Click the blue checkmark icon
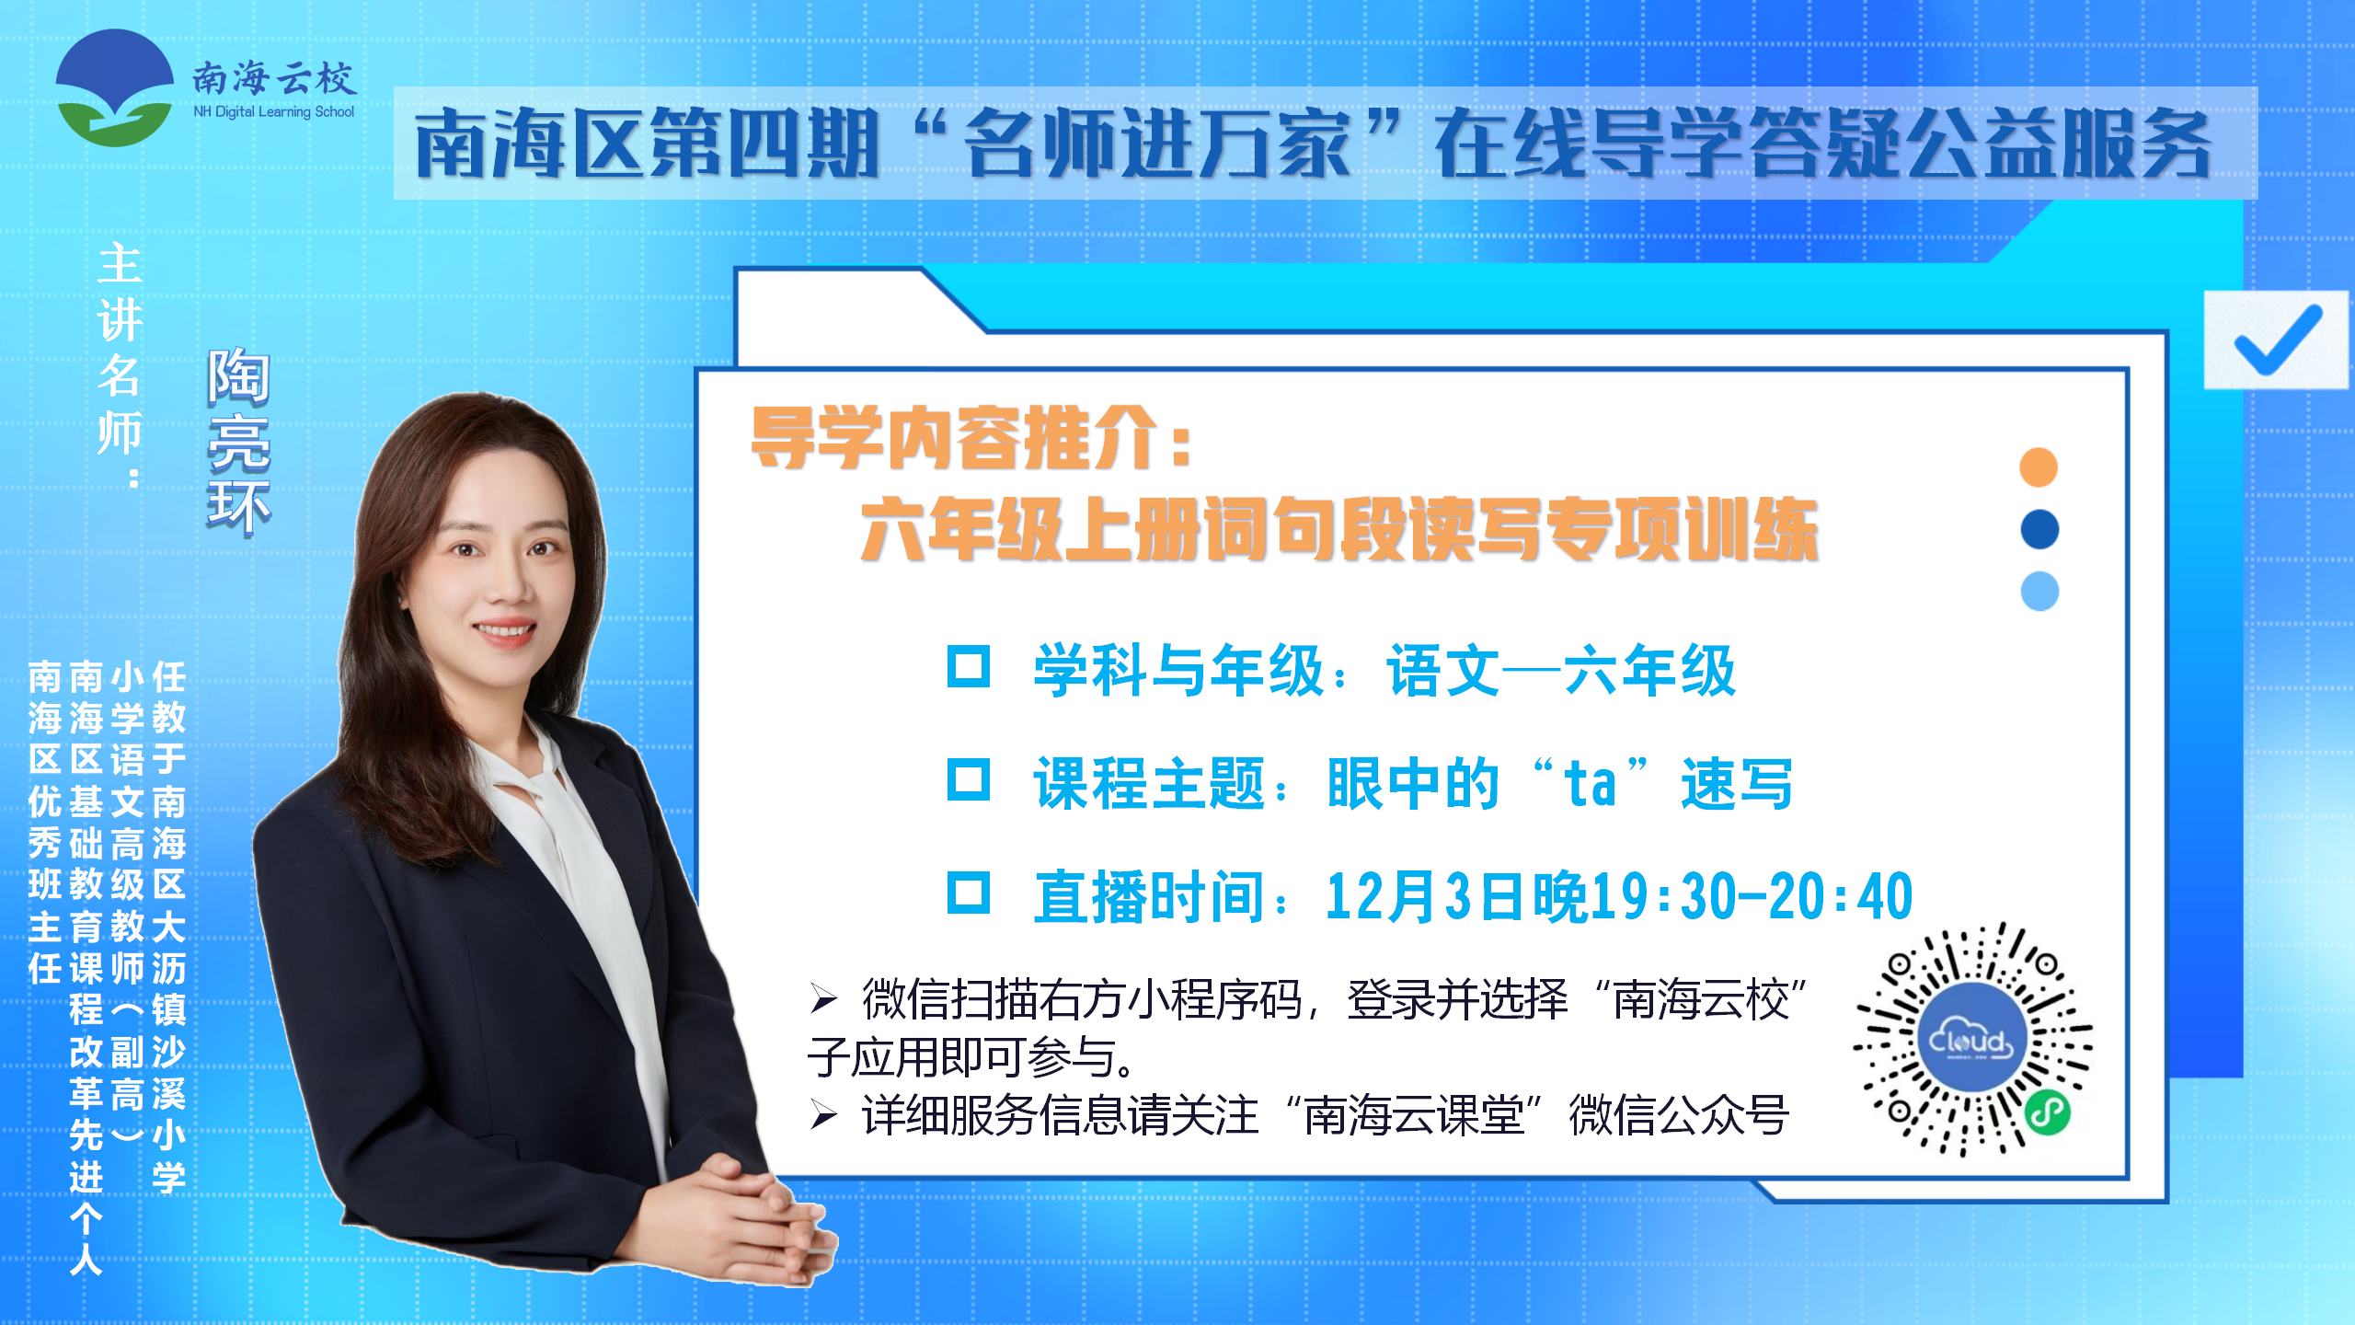[2278, 340]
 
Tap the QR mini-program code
[1972, 1041]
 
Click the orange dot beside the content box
[2039, 467]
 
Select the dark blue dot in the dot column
[2039, 529]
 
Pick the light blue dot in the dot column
[2039, 591]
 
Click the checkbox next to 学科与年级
[969, 667]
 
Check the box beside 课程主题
[969, 780]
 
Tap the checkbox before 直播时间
[969, 893]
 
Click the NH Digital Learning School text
[273, 112]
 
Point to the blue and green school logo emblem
[115, 88]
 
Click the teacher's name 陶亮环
[238, 441]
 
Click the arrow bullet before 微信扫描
[823, 999]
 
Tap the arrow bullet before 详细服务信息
[823, 1115]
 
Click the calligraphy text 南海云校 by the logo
[273, 79]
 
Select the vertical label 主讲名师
[120, 364]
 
